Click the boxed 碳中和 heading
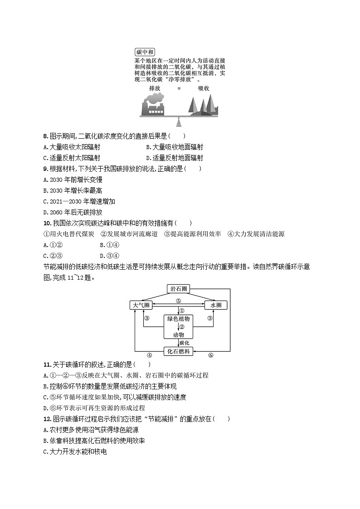click(145, 52)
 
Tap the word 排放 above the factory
click(155, 88)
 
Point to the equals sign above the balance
click(179, 88)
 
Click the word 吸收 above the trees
click(204, 88)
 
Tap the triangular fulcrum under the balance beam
click(179, 122)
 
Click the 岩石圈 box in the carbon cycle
click(179, 289)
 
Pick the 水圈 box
click(216, 305)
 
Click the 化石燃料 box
click(179, 351)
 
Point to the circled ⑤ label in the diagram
click(179, 301)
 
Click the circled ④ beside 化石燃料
click(149, 355)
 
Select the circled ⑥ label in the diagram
click(210, 355)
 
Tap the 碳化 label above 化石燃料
click(184, 343)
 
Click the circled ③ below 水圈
click(210, 319)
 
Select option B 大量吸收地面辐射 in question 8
click(175, 147)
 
